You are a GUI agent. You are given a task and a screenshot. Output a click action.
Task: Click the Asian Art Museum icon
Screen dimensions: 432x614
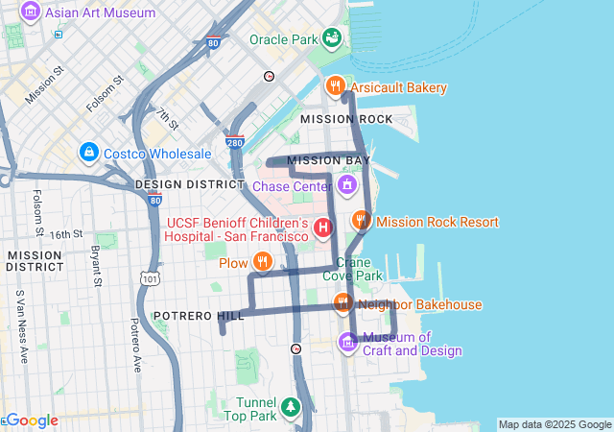pos(31,12)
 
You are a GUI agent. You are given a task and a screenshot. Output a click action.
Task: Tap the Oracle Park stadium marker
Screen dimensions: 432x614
pos(332,38)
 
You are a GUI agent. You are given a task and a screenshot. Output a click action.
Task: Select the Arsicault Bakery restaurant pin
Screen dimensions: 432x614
pos(335,86)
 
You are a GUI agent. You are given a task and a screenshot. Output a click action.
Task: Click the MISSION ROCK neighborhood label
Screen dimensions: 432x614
pos(346,119)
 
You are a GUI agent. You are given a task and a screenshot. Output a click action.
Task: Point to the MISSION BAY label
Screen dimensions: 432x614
pos(328,159)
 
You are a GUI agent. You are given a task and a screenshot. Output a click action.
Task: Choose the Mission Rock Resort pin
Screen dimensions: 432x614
pos(361,221)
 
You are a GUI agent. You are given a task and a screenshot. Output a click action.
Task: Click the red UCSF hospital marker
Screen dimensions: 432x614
pos(324,228)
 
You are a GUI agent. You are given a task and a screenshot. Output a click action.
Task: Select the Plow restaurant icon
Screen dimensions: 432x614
pos(262,261)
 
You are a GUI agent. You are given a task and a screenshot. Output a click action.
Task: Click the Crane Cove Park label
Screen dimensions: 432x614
pos(360,268)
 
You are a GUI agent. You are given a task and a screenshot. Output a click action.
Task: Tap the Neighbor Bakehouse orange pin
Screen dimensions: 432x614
pos(342,303)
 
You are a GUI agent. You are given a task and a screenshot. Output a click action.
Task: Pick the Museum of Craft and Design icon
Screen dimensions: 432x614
pos(347,342)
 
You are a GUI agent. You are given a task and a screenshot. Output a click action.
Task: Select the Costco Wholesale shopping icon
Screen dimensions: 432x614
pos(89,153)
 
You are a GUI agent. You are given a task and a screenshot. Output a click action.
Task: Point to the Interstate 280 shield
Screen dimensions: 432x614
pos(235,143)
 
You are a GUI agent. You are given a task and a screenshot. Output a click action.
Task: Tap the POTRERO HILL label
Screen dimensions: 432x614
pos(187,316)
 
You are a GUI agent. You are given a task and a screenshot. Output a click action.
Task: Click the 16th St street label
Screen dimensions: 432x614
pos(67,234)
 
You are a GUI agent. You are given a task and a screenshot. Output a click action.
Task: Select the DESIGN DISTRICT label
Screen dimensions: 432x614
pos(190,183)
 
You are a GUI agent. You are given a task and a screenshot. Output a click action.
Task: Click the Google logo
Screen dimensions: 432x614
pos(31,420)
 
